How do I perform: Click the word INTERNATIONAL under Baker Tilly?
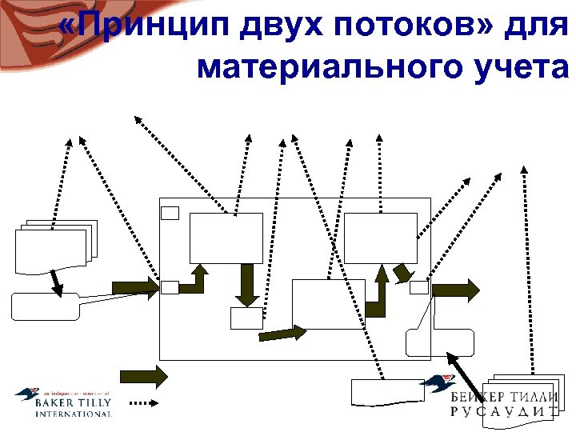coord(73,414)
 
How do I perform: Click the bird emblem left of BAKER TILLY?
coord(26,395)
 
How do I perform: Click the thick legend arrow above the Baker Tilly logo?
coord(144,375)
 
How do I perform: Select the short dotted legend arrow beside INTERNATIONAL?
coord(145,404)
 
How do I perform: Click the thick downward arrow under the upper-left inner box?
coord(247,285)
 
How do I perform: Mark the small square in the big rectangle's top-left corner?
coord(170,212)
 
